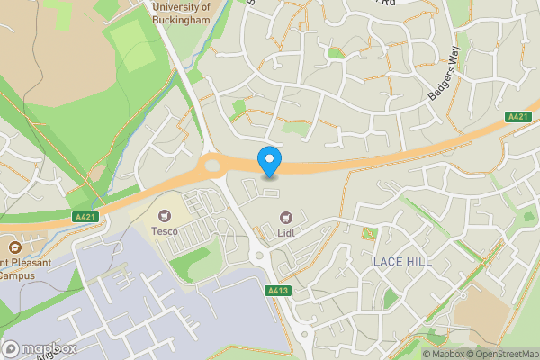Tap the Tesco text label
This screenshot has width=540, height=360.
(x=164, y=231)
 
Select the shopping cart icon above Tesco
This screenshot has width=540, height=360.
(x=164, y=216)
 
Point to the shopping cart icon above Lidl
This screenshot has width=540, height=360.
(x=287, y=216)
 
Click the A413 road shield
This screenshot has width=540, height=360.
(x=277, y=291)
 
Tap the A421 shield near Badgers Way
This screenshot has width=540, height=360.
(x=517, y=117)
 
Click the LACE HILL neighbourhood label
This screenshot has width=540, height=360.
(x=402, y=262)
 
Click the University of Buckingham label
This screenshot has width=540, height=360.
(x=181, y=13)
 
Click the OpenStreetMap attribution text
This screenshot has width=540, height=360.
(x=505, y=354)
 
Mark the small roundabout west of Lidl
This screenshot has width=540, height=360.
(x=260, y=256)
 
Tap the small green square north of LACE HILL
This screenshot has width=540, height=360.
(x=366, y=235)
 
